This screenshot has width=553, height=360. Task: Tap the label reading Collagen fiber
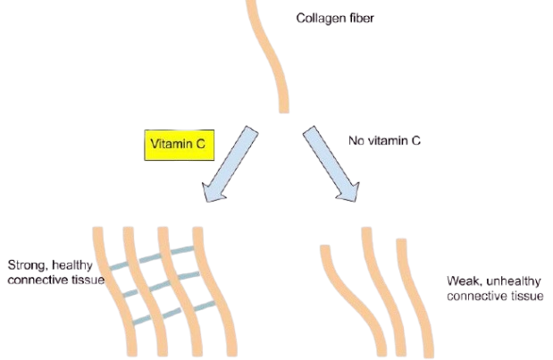[335, 18]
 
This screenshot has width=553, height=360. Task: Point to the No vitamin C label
[384, 140]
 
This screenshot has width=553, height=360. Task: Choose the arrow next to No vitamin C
[331, 165]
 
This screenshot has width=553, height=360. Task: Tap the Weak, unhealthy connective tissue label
[494, 288]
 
